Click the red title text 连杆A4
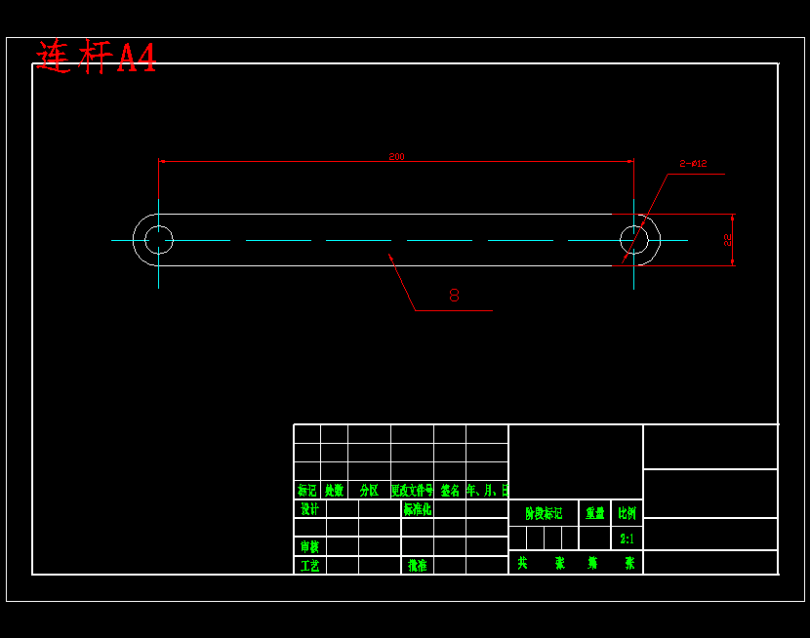click(96, 58)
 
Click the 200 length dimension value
click(396, 156)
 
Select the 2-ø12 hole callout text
click(693, 164)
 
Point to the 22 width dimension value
click(727, 239)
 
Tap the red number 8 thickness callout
click(454, 295)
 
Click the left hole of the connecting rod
click(158, 240)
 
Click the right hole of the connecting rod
click(634, 240)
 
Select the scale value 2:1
click(627, 538)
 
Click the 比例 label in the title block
click(627, 513)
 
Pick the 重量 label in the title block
click(594, 513)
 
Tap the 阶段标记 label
click(544, 513)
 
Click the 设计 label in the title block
click(309, 509)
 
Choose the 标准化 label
click(418, 509)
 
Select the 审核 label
click(309, 546)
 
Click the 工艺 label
click(309, 565)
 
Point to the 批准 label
click(417, 565)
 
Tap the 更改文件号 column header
click(412, 491)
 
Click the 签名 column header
click(450, 491)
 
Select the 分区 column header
click(369, 491)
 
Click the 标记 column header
click(306, 491)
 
